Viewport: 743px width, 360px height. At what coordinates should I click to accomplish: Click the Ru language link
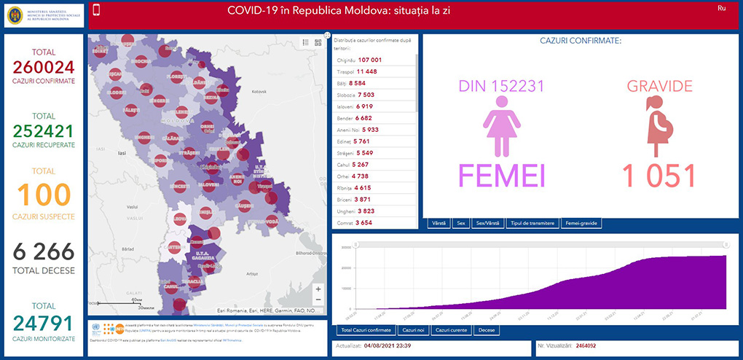point(721,8)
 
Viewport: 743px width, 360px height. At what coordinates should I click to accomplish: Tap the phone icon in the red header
point(97,10)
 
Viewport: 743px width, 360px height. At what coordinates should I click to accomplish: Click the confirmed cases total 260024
point(44,68)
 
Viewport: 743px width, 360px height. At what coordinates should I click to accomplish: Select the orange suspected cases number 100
point(44,195)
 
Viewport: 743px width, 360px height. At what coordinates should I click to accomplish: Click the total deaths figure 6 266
point(44,251)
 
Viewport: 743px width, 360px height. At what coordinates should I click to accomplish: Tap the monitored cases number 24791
point(44,321)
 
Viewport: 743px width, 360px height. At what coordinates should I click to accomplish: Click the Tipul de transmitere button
point(532,223)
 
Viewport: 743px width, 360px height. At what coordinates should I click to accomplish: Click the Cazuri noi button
point(413,330)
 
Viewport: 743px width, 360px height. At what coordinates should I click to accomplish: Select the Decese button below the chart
point(486,330)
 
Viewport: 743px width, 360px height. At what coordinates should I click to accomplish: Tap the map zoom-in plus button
point(318,288)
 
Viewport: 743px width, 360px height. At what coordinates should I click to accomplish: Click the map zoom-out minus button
point(318,300)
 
